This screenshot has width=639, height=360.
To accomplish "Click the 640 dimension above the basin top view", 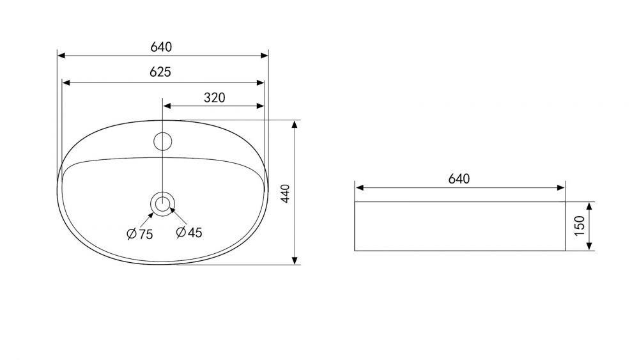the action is (162, 47).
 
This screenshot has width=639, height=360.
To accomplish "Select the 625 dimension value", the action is (160, 72).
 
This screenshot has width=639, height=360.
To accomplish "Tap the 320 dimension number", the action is (214, 98).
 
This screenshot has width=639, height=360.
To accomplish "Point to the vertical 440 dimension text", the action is (285, 193).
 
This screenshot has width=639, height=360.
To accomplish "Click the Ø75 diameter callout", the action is (140, 234).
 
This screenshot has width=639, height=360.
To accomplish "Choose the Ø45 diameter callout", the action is (189, 232).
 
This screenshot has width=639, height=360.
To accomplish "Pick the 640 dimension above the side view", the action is (459, 179).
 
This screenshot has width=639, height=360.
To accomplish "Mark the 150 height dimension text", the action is (580, 226).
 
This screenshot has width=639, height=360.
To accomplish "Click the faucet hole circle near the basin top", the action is (162, 141).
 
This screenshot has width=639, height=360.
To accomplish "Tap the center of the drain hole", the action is (162, 203).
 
